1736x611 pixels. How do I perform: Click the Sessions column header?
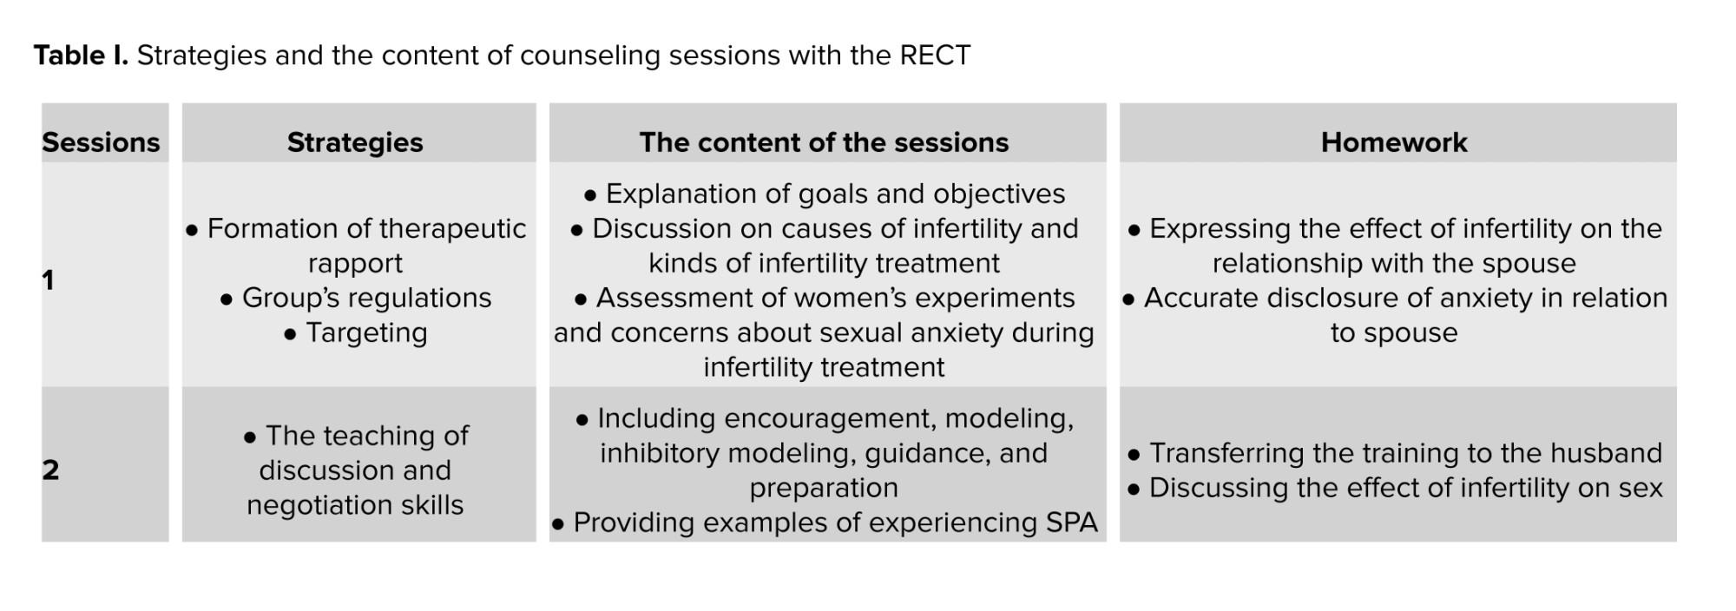101,142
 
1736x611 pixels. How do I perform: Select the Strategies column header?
355,142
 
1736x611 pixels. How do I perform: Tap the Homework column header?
1394,142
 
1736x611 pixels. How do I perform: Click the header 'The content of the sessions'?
824,142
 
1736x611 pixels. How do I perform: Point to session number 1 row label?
49,279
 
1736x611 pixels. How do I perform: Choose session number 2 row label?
50,470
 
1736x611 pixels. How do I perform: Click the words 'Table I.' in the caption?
81,56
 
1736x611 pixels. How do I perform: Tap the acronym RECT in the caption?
935,56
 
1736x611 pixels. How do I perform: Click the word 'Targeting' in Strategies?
366,333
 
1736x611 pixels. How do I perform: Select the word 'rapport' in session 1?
355,264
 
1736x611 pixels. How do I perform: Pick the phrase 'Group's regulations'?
366,299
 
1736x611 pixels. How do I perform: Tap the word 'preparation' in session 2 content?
824,489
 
